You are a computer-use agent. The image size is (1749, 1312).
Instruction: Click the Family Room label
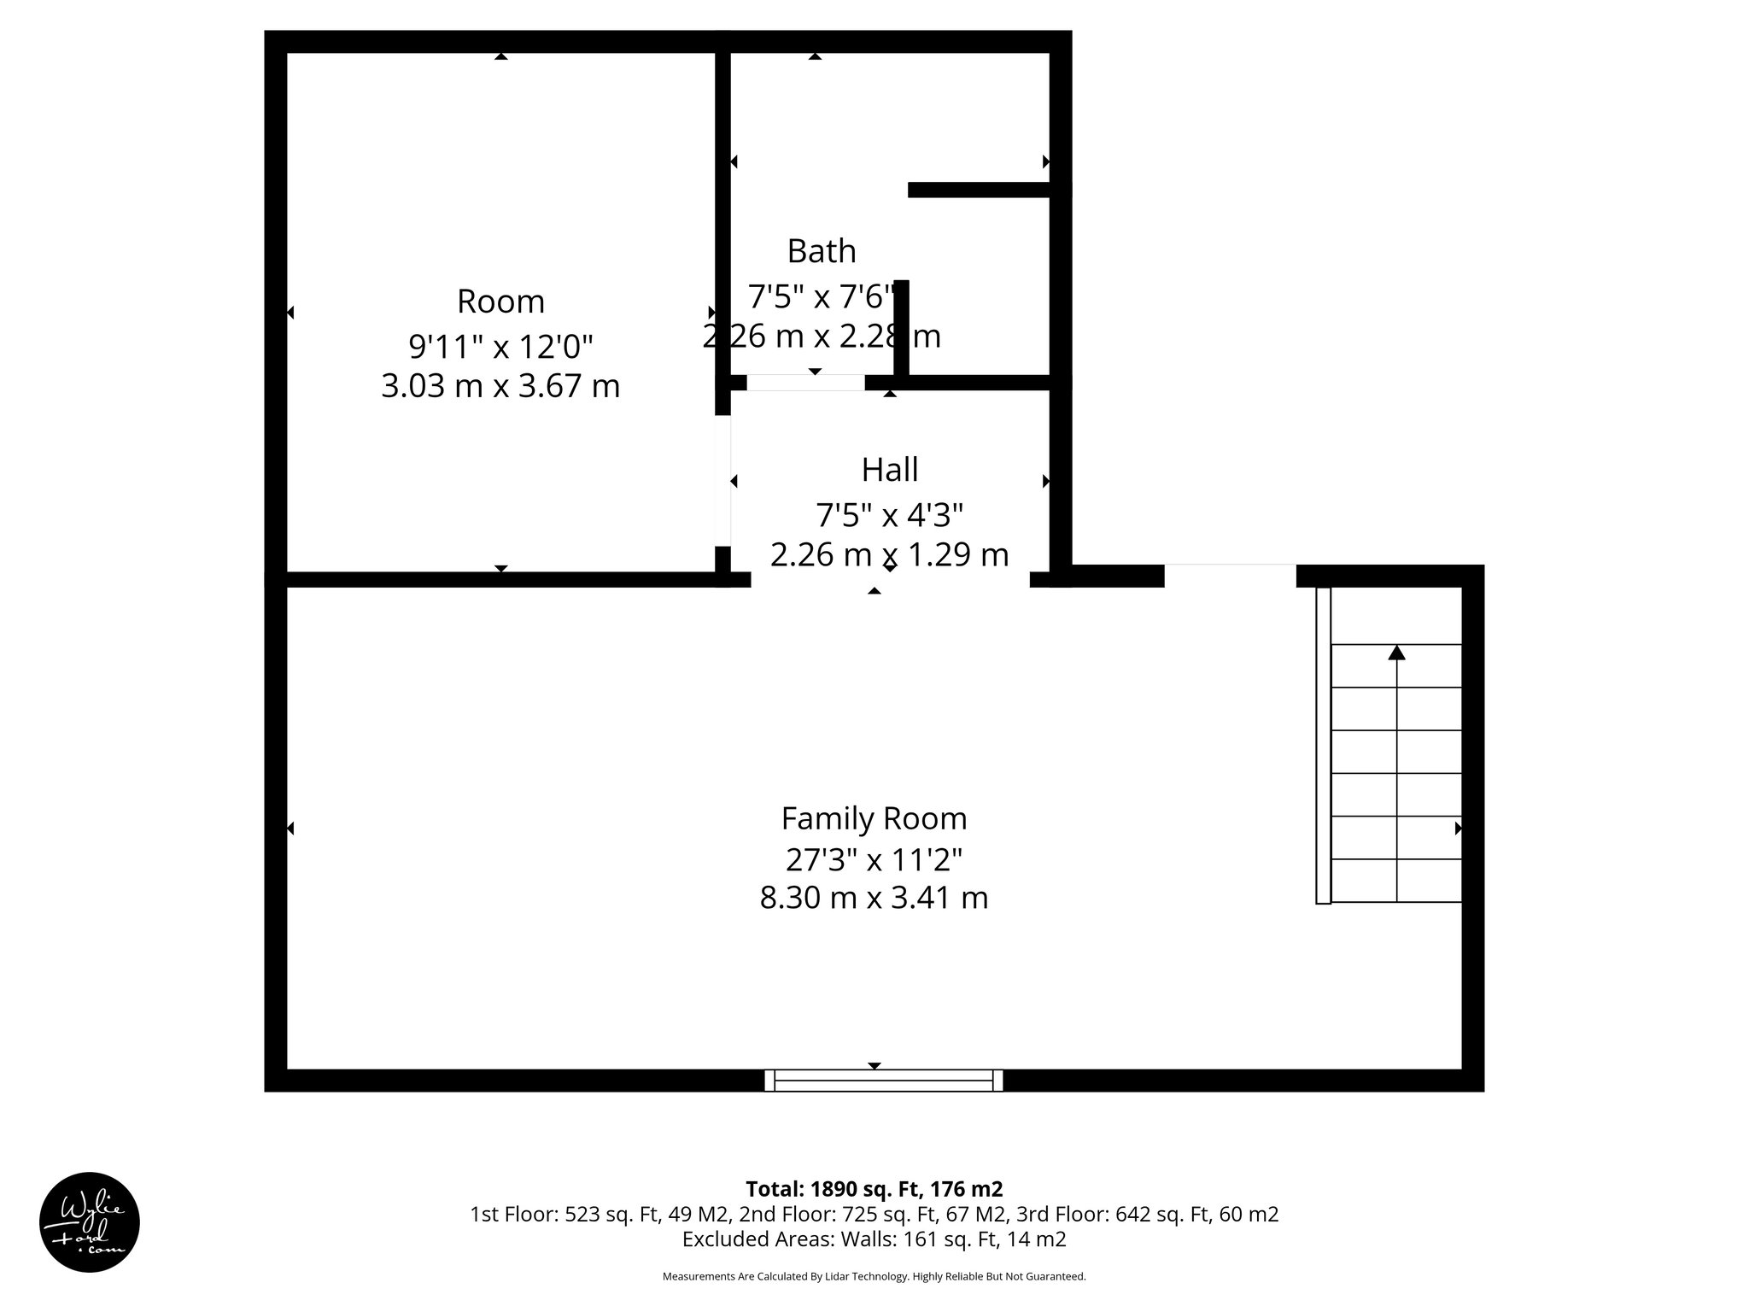point(874,818)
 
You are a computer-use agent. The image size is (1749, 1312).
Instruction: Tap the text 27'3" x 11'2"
point(874,858)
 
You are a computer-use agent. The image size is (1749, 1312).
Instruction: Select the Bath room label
point(821,251)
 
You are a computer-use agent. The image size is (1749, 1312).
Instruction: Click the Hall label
point(889,470)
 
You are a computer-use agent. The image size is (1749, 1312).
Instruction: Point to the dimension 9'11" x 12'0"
point(500,347)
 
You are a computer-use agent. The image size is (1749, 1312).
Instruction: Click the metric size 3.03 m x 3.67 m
point(500,386)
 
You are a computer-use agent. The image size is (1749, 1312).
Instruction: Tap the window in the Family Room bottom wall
point(883,1081)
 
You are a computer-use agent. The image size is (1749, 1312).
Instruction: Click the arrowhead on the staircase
point(1396,653)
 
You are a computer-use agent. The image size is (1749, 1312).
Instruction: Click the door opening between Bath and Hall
point(805,383)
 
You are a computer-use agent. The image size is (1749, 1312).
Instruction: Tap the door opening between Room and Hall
point(722,481)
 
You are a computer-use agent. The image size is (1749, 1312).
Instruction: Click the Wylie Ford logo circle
point(90,1222)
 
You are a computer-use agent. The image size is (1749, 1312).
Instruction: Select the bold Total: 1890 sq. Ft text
point(874,1189)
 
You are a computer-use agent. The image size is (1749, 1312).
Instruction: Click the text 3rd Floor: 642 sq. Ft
point(1147,1214)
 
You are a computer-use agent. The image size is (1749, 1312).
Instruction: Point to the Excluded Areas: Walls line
point(874,1239)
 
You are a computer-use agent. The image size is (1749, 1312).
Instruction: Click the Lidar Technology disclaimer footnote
point(874,1277)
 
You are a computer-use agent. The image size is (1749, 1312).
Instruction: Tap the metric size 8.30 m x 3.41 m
point(874,898)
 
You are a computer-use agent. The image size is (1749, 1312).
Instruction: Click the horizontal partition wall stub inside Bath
point(979,190)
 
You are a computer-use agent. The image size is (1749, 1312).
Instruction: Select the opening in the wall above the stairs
point(1230,576)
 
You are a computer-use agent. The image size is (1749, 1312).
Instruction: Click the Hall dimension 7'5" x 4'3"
point(889,516)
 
